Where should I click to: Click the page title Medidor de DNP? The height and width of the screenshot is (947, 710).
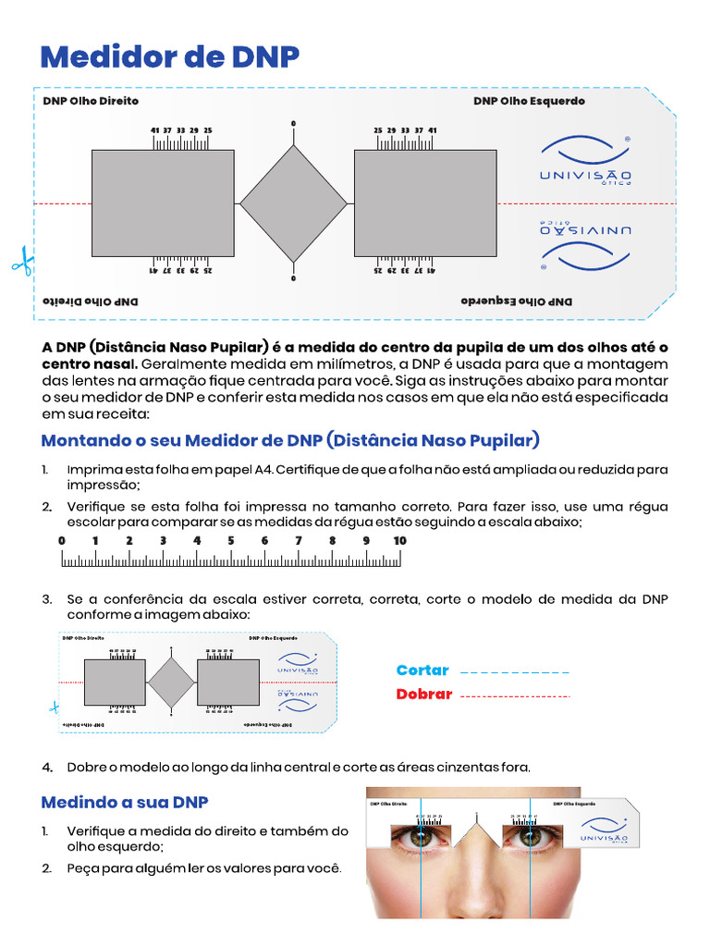point(169,56)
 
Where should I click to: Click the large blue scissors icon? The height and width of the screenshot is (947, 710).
point(20,261)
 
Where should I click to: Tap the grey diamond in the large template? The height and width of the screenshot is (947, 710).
point(293,203)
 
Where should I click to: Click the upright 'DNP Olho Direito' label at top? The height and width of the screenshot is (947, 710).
point(91,101)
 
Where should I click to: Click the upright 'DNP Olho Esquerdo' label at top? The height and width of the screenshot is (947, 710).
point(529,101)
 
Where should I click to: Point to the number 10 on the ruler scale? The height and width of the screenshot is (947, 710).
point(399,541)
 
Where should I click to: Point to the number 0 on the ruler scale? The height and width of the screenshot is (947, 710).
point(62,541)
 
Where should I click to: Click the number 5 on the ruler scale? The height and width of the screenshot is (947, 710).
point(231,541)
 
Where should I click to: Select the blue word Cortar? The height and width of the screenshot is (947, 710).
point(422,670)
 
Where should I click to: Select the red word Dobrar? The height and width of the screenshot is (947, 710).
point(423,695)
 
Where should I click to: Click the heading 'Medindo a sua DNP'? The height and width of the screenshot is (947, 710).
point(125,801)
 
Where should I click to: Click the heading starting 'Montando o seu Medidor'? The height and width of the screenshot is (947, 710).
point(290,440)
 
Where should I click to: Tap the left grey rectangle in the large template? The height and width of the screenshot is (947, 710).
point(163,203)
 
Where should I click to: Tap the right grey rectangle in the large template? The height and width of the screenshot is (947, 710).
point(425,203)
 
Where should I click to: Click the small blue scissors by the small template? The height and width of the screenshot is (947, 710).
point(54,707)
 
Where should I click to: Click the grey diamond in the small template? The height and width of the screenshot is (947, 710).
point(172,683)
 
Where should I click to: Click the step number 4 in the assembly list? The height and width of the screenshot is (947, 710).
point(47,768)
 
